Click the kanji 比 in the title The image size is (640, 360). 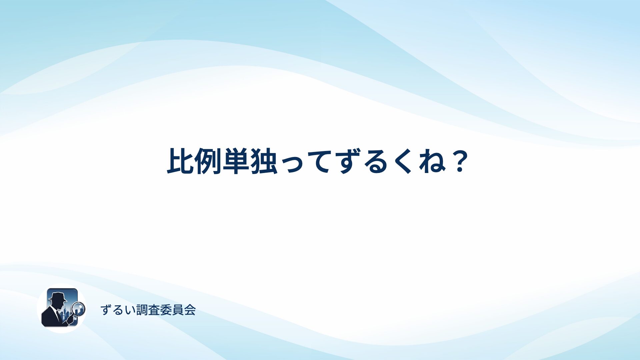180,161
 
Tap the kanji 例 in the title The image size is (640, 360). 208,161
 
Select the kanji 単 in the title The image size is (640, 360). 236,161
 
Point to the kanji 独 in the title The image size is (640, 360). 264,161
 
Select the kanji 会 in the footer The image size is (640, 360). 190,310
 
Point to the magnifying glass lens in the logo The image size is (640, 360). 79,308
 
